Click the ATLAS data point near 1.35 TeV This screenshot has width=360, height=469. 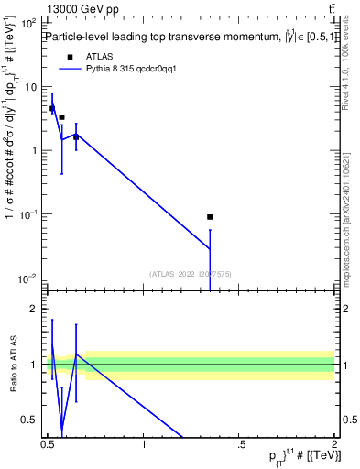(x=210, y=217)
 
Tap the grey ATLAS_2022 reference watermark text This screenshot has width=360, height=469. (x=191, y=273)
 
